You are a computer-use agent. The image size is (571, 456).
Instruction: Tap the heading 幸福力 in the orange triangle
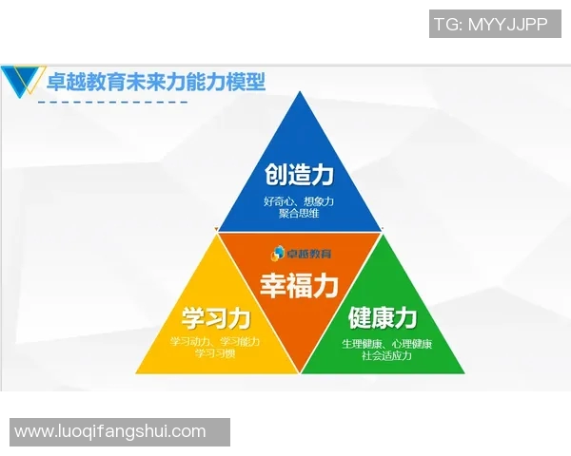299,284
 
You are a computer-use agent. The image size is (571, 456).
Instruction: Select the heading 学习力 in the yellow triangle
215,317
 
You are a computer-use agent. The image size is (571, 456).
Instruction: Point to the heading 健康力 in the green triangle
383,316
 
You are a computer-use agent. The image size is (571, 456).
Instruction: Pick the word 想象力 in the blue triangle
318,200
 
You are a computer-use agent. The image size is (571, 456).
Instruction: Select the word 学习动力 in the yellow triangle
191,341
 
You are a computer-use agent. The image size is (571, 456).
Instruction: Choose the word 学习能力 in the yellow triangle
240,341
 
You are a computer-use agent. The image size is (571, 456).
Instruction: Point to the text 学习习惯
215,353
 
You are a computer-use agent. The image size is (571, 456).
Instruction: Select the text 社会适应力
386,355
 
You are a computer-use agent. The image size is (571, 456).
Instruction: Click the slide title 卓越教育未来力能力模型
156,82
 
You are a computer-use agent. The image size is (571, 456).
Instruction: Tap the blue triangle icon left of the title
23,83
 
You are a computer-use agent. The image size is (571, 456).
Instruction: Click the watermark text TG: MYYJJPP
490,25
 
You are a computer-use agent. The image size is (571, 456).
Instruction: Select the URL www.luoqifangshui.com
110,431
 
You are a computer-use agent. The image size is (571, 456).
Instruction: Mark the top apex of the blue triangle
299,93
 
